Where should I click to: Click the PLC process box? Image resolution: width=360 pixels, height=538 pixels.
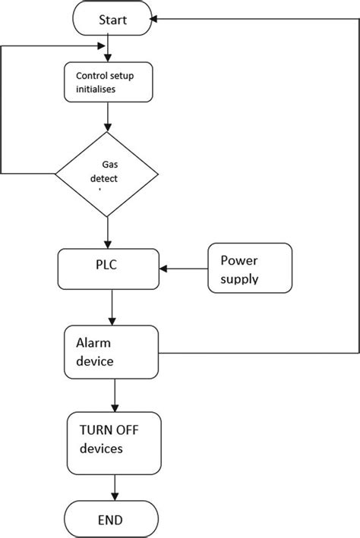(108, 267)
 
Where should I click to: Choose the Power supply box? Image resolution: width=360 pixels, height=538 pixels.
(250, 269)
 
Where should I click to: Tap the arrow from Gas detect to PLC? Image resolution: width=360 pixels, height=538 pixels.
(108, 232)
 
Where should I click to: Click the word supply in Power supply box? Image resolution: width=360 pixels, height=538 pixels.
(239, 279)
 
